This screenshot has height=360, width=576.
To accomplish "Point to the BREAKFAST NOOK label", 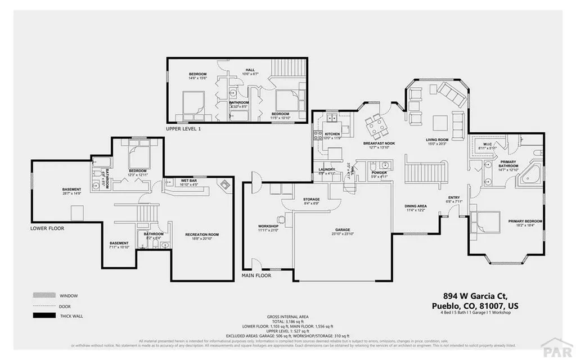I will pos(379,143).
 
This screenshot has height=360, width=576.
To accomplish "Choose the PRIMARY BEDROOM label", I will pos(525,221).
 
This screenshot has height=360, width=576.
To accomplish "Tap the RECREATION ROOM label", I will pos(202,234).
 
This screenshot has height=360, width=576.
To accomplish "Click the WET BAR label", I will pos(188,181).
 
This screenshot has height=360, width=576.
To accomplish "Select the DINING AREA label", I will pos(416,206).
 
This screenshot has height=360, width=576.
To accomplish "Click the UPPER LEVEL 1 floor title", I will pos(183,129).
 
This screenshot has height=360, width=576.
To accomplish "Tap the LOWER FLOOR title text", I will pos(48,228).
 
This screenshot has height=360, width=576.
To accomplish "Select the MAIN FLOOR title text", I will pos(256,276).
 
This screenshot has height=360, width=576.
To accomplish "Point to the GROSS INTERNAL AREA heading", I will pos(287,317).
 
